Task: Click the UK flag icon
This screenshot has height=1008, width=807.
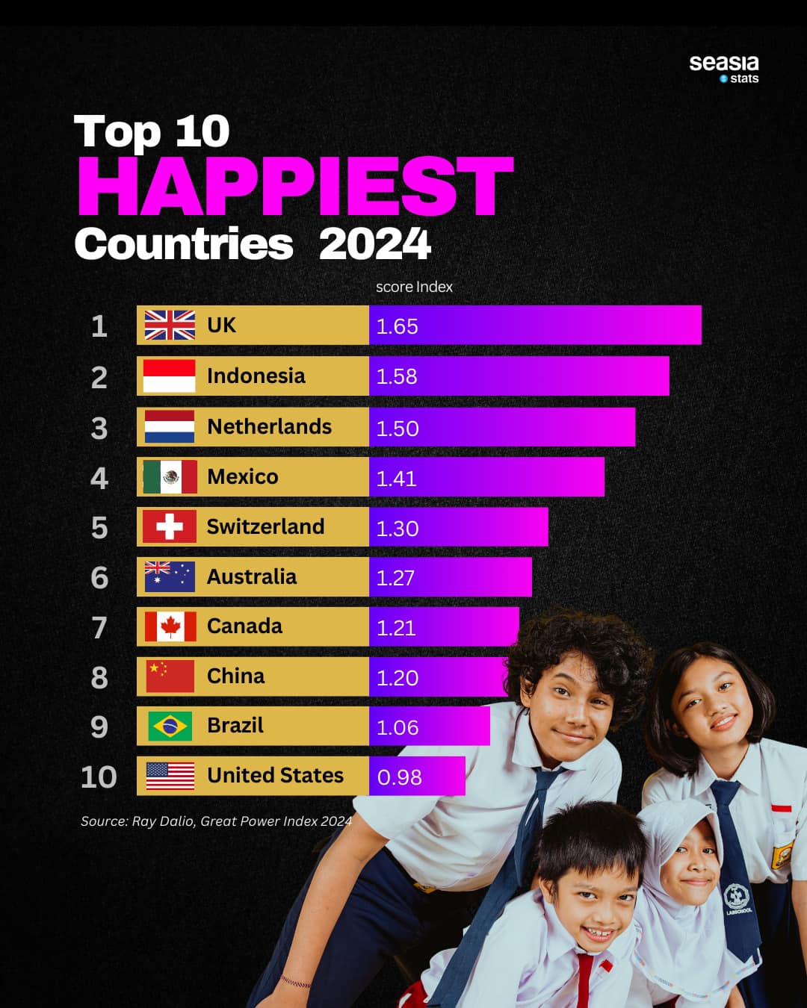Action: tap(170, 326)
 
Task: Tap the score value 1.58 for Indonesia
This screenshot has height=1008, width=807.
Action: tap(397, 376)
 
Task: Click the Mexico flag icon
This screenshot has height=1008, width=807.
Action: tap(170, 476)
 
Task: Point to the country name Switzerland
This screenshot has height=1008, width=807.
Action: tap(265, 526)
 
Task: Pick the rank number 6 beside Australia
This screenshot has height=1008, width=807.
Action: tap(99, 577)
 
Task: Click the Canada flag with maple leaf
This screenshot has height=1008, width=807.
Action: tap(170, 626)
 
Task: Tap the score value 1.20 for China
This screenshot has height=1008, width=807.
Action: tap(397, 677)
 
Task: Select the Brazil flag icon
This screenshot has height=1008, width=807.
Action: tap(170, 726)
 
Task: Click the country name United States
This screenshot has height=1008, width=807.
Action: tap(275, 775)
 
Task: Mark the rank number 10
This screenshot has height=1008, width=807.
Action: tap(99, 777)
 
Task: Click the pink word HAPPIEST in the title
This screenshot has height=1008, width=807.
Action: tap(295, 186)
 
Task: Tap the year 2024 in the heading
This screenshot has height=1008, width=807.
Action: tap(374, 244)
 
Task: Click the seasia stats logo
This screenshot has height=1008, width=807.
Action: tap(723, 68)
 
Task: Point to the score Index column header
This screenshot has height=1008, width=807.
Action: tap(414, 287)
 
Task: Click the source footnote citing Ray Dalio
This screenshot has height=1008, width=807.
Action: tap(216, 821)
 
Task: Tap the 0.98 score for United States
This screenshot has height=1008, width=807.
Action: tap(399, 777)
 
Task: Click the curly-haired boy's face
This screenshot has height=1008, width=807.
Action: tap(575, 706)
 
